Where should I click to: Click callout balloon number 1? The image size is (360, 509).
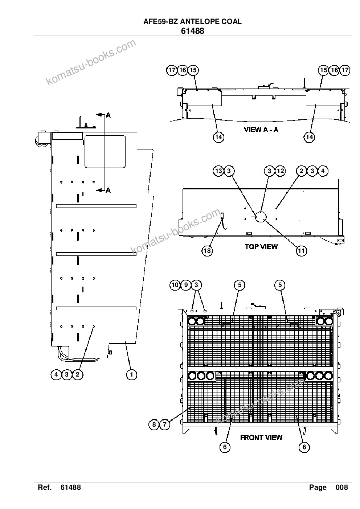(131, 374)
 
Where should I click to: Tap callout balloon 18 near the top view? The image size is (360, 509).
(207, 251)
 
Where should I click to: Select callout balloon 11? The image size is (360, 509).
(301, 251)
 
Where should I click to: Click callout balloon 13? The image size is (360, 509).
(218, 171)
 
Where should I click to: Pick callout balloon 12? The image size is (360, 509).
(280, 171)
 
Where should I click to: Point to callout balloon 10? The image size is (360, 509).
(175, 285)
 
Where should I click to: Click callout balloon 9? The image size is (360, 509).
(186, 285)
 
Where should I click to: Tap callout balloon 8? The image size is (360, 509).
(154, 424)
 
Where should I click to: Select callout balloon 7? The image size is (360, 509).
(165, 424)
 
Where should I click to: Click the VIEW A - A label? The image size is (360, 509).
(261, 130)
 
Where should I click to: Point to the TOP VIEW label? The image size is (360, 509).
(261, 247)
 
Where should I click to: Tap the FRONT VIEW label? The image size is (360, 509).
(261, 438)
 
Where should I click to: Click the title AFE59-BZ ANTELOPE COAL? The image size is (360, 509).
(192, 22)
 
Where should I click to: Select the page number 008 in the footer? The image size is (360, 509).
(341, 487)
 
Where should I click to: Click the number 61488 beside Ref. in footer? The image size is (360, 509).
(71, 487)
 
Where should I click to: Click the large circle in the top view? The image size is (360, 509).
(261, 217)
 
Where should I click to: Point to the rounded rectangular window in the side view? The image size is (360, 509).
(105, 152)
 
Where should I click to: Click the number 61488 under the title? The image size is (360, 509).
(192, 31)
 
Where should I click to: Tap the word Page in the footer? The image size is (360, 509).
(318, 487)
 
